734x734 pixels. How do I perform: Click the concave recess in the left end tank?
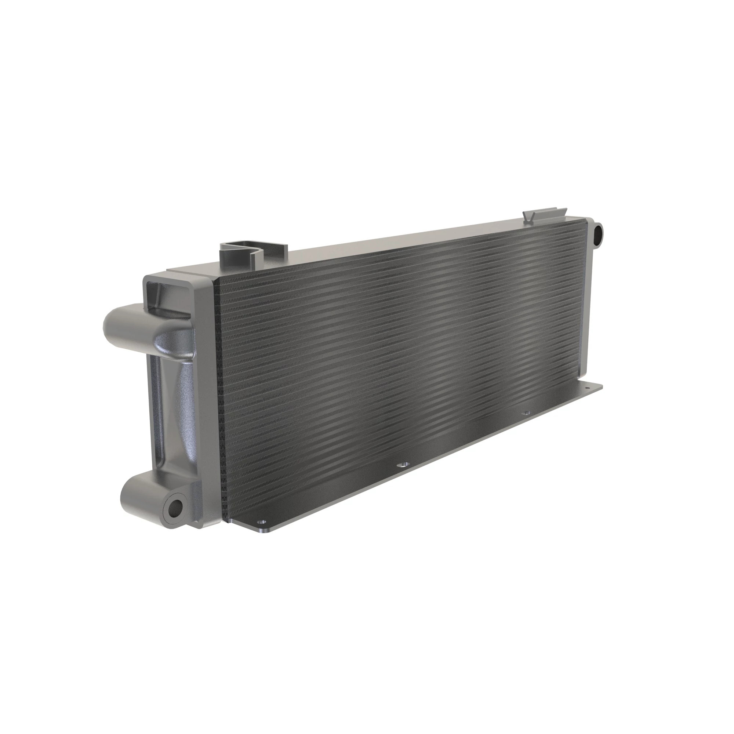tap(173, 399)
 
